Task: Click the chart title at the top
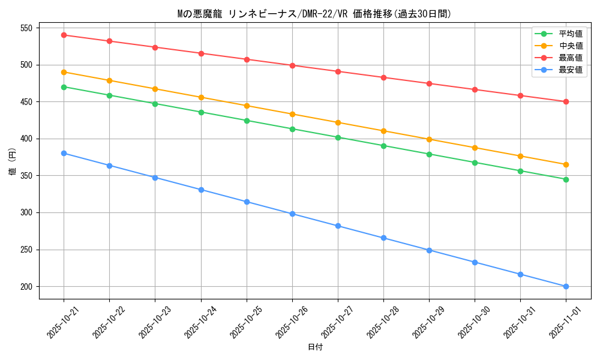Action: pyautogui.click(x=314, y=14)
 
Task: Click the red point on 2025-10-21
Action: pyautogui.click(x=64, y=35)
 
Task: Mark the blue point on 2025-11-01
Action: pyautogui.click(x=566, y=286)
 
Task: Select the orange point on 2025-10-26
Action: pyautogui.click(x=292, y=114)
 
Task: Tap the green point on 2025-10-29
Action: pyautogui.click(x=429, y=154)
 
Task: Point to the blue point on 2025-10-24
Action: pyautogui.click(x=201, y=190)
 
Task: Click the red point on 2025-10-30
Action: pyautogui.click(x=475, y=89)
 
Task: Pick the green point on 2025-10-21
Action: pyautogui.click(x=64, y=87)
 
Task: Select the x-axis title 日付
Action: pyautogui.click(x=314, y=347)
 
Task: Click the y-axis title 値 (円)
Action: pyautogui.click(x=13, y=161)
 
